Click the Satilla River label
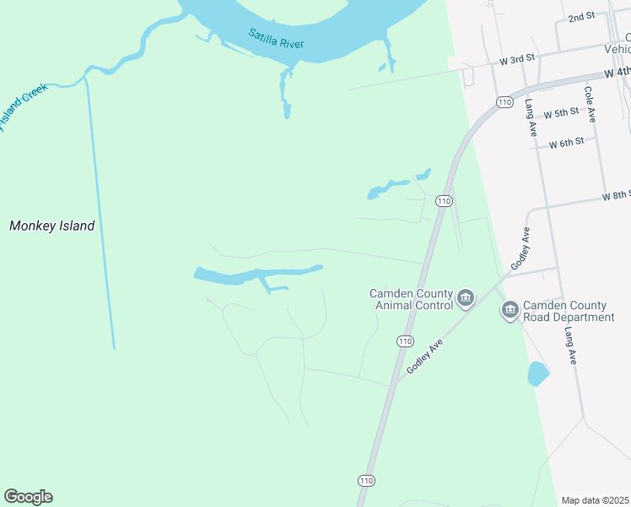(276, 39)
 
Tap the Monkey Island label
(51, 226)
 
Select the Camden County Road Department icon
(510, 310)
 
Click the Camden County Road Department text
(568, 311)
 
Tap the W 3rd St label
(518, 59)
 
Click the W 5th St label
(561, 112)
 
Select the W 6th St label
(566, 143)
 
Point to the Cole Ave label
(589, 104)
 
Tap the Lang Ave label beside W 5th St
(531, 117)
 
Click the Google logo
(28, 497)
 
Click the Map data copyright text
(596, 500)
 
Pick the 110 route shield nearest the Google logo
(366, 480)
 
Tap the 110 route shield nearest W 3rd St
(504, 102)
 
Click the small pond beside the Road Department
(537, 373)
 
